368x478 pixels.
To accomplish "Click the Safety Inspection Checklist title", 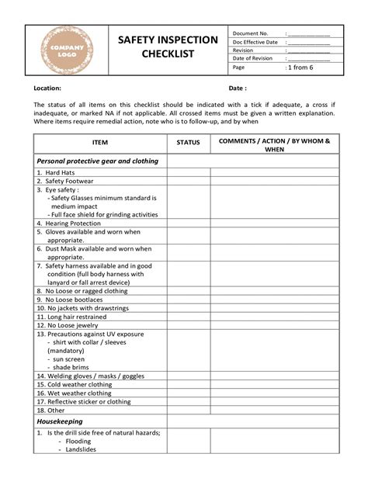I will (168, 47).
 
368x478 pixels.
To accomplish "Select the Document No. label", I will (251, 33).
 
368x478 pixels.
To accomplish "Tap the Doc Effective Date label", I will (255, 42).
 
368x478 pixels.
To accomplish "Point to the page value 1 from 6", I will (300, 68).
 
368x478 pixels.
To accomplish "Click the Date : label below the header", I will (238, 88).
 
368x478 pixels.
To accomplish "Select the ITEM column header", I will (100, 143).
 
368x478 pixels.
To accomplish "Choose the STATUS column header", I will (188, 143).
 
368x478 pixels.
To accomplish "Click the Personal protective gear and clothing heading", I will (97, 161).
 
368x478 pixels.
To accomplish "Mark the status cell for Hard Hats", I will (188, 172).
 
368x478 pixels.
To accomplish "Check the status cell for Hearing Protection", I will (188, 223).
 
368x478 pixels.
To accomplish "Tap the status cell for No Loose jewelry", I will (188, 325).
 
